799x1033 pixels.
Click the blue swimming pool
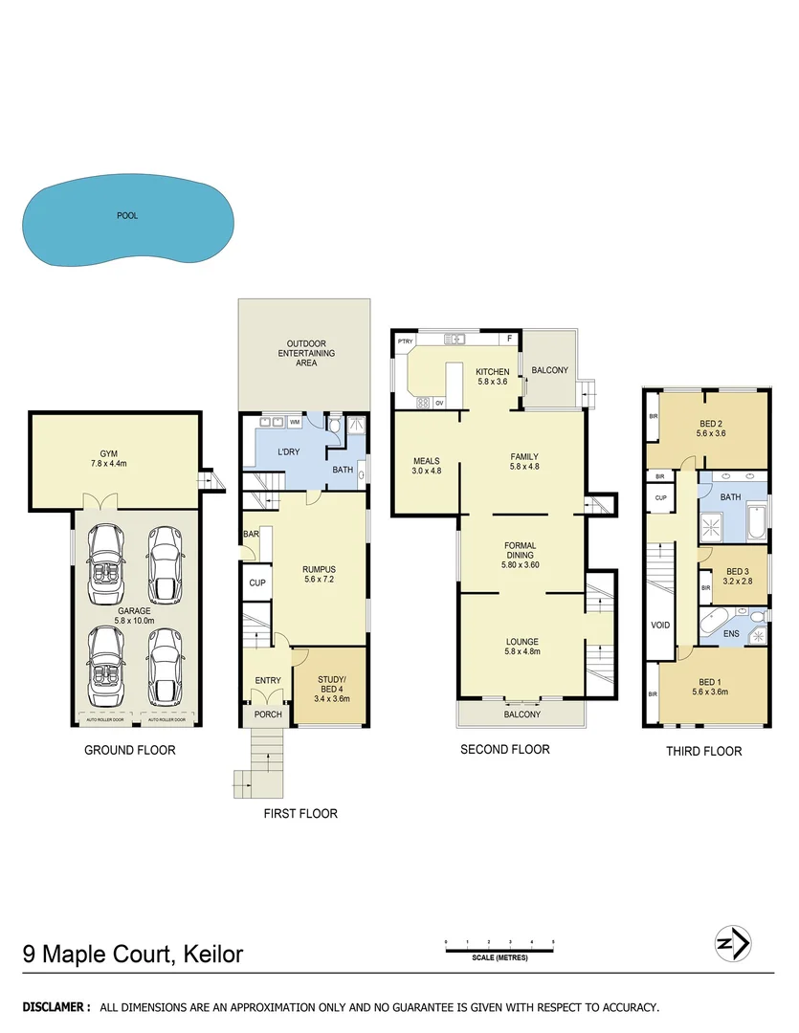pos(127,220)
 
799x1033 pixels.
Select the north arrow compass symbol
pos(734,944)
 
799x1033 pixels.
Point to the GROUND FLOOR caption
pos(129,750)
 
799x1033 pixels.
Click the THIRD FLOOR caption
pos(703,751)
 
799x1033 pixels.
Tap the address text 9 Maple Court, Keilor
pos(133,954)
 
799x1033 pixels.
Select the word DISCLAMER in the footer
pos(56,1007)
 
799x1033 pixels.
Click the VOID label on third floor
pos(660,626)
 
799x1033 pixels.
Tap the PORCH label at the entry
pos(267,714)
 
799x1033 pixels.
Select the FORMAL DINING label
pos(521,551)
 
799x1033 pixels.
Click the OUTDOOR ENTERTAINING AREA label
pos(305,353)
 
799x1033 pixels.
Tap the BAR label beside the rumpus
pos(252,534)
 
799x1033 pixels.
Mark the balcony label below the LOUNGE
pos(522,714)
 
